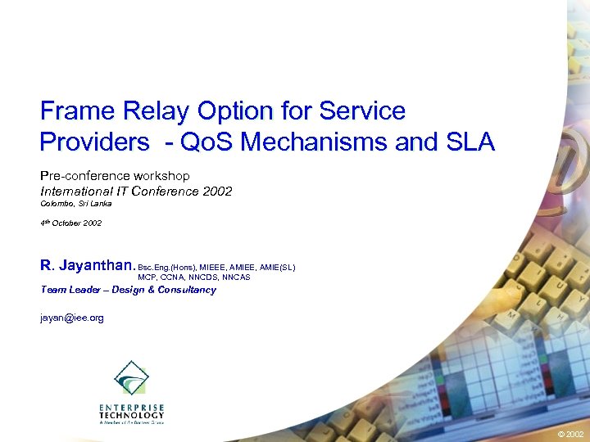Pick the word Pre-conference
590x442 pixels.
[x=85, y=175]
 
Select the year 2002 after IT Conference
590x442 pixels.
[x=216, y=191]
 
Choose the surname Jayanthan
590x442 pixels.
[x=97, y=265]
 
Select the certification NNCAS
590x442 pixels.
[x=234, y=277]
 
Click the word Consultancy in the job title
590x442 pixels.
[x=187, y=290]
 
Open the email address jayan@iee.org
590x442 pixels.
[x=72, y=318]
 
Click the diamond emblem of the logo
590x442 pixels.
[x=131, y=378]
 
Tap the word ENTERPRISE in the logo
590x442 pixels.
[x=131, y=407]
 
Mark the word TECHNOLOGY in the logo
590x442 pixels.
[x=131, y=415]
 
